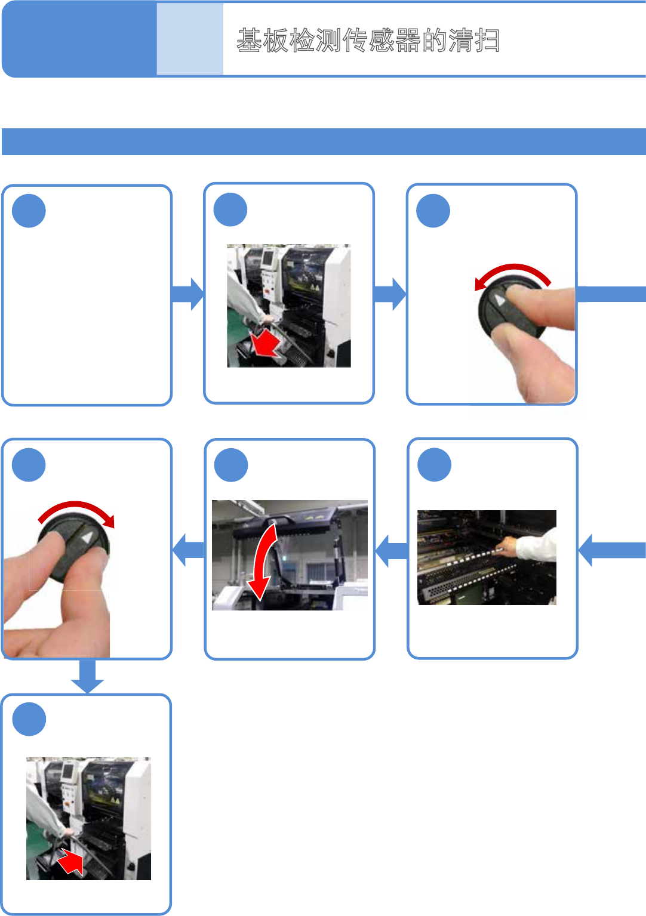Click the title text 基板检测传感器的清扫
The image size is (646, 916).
pyautogui.click(x=368, y=41)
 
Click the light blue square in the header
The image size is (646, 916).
pyautogui.click(x=190, y=39)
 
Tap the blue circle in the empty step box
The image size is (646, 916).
pyautogui.click(x=29, y=211)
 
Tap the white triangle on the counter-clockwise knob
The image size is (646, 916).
pyautogui.click(x=500, y=299)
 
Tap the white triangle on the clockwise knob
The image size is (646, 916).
pyautogui.click(x=87, y=538)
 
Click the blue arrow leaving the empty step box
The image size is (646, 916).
pyautogui.click(x=187, y=294)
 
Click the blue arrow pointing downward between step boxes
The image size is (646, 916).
pyautogui.click(x=87, y=677)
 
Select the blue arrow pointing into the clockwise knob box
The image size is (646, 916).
pyautogui.click(x=187, y=549)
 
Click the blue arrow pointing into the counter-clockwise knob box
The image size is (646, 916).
pyautogui.click(x=390, y=294)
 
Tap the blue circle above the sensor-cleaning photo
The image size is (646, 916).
pyautogui.click(x=434, y=465)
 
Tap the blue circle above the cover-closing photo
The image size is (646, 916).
pyautogui.click(x=231, y=465)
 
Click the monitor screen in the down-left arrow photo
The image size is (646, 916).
pyautogui.click(x=269, y=259)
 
